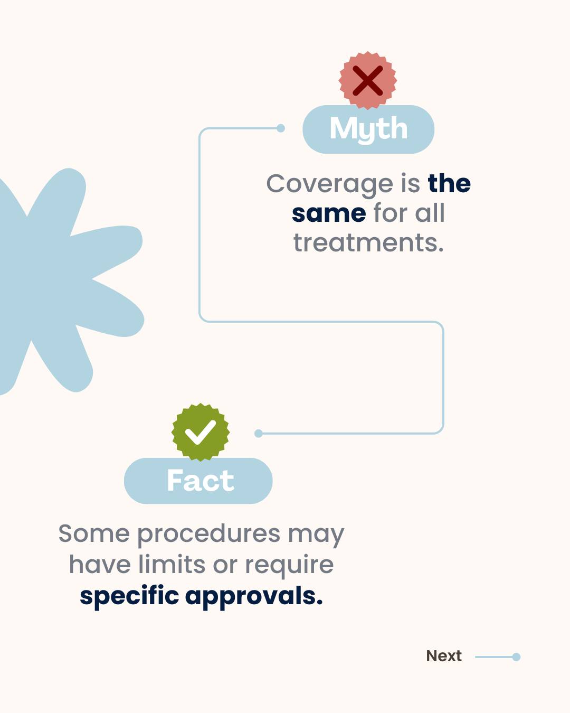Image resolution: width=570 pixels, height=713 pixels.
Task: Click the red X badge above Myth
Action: click(368, 81)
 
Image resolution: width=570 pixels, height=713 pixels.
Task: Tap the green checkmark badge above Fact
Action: click(201, 432)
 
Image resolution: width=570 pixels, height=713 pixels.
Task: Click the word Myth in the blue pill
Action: click(368, 129)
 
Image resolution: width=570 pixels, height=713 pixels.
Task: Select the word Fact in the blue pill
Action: click(200, 481)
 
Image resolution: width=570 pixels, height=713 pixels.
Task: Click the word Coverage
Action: click(329, 184)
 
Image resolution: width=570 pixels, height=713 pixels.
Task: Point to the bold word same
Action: click(329, 213)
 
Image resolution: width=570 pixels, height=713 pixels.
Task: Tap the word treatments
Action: click(368, 243)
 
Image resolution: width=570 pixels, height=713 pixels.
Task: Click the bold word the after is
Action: click(449, 184)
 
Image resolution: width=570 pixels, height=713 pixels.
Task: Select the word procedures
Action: click(208, 534)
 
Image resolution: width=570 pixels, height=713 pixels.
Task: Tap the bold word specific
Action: click(129, 596)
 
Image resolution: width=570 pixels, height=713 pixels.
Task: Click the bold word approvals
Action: click(254, 596)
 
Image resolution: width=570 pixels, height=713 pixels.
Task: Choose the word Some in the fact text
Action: click(94, 533)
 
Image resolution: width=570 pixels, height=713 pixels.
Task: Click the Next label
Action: click(444, 656)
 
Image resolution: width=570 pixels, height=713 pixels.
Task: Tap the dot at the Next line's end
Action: click(516, 657)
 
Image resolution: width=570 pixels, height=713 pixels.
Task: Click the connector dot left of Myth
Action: click(281, 128)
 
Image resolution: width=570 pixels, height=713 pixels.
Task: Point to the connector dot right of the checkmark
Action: click(259, 434)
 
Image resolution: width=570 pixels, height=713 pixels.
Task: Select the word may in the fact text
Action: click(316, 534)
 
